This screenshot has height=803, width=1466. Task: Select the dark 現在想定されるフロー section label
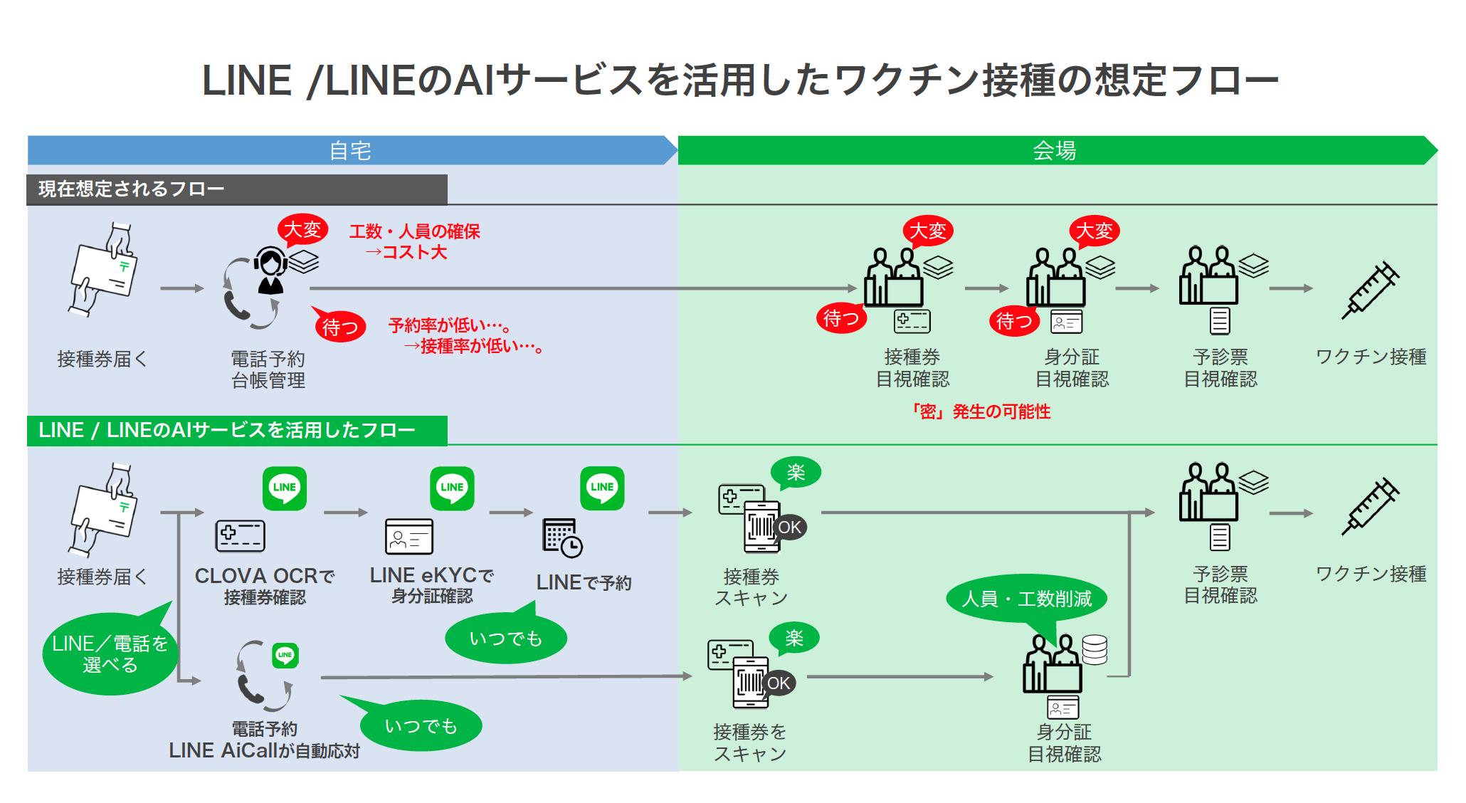click(x=236, y=189)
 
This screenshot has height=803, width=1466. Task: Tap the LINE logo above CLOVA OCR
click(x=285, y=488)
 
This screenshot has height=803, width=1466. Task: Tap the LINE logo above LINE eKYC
click(x=452, y=488)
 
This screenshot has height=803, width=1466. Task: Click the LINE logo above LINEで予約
click(x=602, y=488)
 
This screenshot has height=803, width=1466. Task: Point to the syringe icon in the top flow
click(x=1370, y=290)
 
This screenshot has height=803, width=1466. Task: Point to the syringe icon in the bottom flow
click(x=1370, y=506)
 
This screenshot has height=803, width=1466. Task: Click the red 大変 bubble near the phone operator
click(x=303, y=229)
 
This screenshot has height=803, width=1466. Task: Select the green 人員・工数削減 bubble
click(x=1026, y=599)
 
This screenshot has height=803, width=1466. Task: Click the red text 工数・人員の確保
click(x=414, y=231)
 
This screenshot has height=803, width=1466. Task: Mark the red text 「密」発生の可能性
click(x=981, y=411)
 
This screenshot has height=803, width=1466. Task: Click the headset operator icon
click(x=270, y=271)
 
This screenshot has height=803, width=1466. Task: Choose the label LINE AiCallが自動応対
click(x=264, y=750)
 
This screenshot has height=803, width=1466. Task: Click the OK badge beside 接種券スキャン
click(x=789, y=528)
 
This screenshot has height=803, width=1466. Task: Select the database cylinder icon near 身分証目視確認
click(x=1094, y=649)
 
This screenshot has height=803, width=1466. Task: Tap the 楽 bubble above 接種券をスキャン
click(x=794, y=638)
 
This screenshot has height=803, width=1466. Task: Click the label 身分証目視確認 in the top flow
click(x=1072, y=367)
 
